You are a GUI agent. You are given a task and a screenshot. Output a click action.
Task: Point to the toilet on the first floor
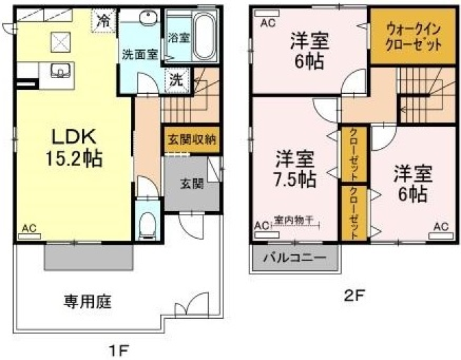click(147, 226)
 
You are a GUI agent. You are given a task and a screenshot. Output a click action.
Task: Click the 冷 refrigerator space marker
click(103, 21)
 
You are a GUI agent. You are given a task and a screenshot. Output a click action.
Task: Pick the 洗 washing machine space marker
click(177, 80)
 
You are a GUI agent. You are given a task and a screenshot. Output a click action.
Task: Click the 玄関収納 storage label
click(192, 139)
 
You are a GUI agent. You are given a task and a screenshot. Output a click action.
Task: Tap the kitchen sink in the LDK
click(60, 71)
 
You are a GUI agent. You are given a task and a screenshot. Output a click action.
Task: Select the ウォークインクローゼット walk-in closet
click(413, 36)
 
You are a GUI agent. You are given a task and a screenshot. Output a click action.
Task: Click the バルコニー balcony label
click(295, 258)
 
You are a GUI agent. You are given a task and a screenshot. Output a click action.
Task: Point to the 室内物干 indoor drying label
click(294, 220)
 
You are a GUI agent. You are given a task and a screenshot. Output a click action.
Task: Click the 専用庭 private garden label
click(88, 302)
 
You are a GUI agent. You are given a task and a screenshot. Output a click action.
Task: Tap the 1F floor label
click(119, 350)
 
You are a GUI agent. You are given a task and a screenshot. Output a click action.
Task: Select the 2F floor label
click(355, 296)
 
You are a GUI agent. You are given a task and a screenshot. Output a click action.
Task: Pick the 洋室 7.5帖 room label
click(295, 169)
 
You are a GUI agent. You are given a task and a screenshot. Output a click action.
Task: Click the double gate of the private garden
click(192, 304)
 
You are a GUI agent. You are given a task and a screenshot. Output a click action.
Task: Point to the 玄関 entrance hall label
click(192, 184)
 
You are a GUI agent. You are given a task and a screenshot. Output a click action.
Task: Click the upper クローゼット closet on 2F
click(353, 154)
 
